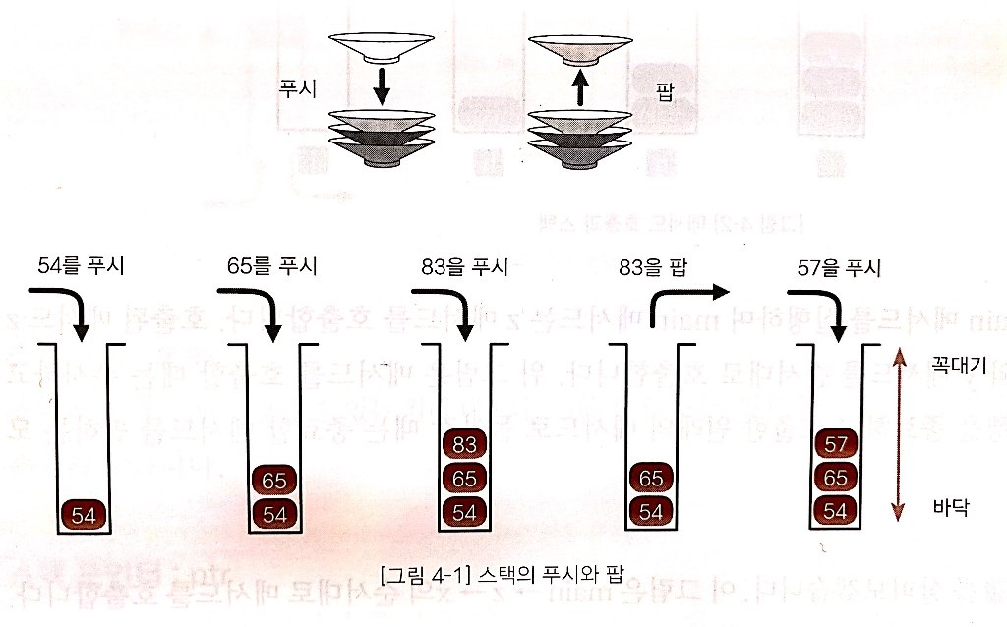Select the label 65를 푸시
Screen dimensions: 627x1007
click(x=271, y=264)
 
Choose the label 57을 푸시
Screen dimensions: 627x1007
click(x=837, y=264)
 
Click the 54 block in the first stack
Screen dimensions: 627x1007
click(x=85, y=513)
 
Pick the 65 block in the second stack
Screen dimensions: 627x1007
click(x=275, y=481)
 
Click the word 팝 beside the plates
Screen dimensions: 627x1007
click(x=664, y=86)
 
